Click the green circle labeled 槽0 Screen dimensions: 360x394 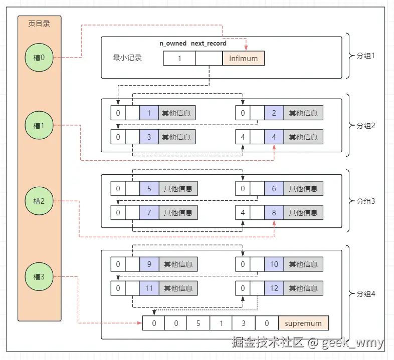[39, 58]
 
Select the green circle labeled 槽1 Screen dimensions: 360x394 [39, 126]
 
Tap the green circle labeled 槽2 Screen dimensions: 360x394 [39, 201]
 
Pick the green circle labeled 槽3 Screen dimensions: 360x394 [39, 276]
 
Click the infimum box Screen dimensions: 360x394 [243, 58]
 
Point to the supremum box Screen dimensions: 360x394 [303, 323]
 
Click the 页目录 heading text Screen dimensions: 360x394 [39, 23]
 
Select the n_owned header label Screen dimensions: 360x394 [173, 44]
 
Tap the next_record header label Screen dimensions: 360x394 [209, 44]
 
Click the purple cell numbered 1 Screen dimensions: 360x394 [149, 113]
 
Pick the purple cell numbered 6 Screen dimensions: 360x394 [274, 189]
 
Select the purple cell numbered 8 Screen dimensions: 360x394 [274, 213]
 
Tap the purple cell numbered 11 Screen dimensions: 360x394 [149, 288]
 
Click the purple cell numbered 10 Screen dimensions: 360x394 [274, 264]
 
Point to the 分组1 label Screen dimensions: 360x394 [365, 56]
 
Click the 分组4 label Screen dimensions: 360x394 [365, 293]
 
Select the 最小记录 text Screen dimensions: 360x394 [127, 58]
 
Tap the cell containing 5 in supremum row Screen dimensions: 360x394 [199, 323]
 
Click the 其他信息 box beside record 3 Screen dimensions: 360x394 [176, 137]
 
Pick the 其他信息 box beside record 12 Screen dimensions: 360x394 [303, 288]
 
